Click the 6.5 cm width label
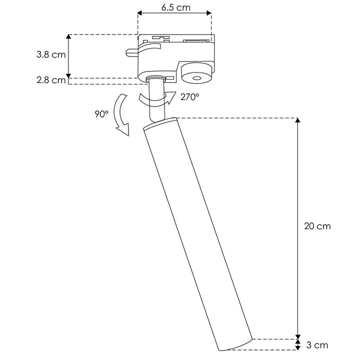(175, 8)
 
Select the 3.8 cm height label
(51, 55)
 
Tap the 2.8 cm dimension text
(51, 80)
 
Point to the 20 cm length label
(317, 226)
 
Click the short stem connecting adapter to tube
(156, 100)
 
